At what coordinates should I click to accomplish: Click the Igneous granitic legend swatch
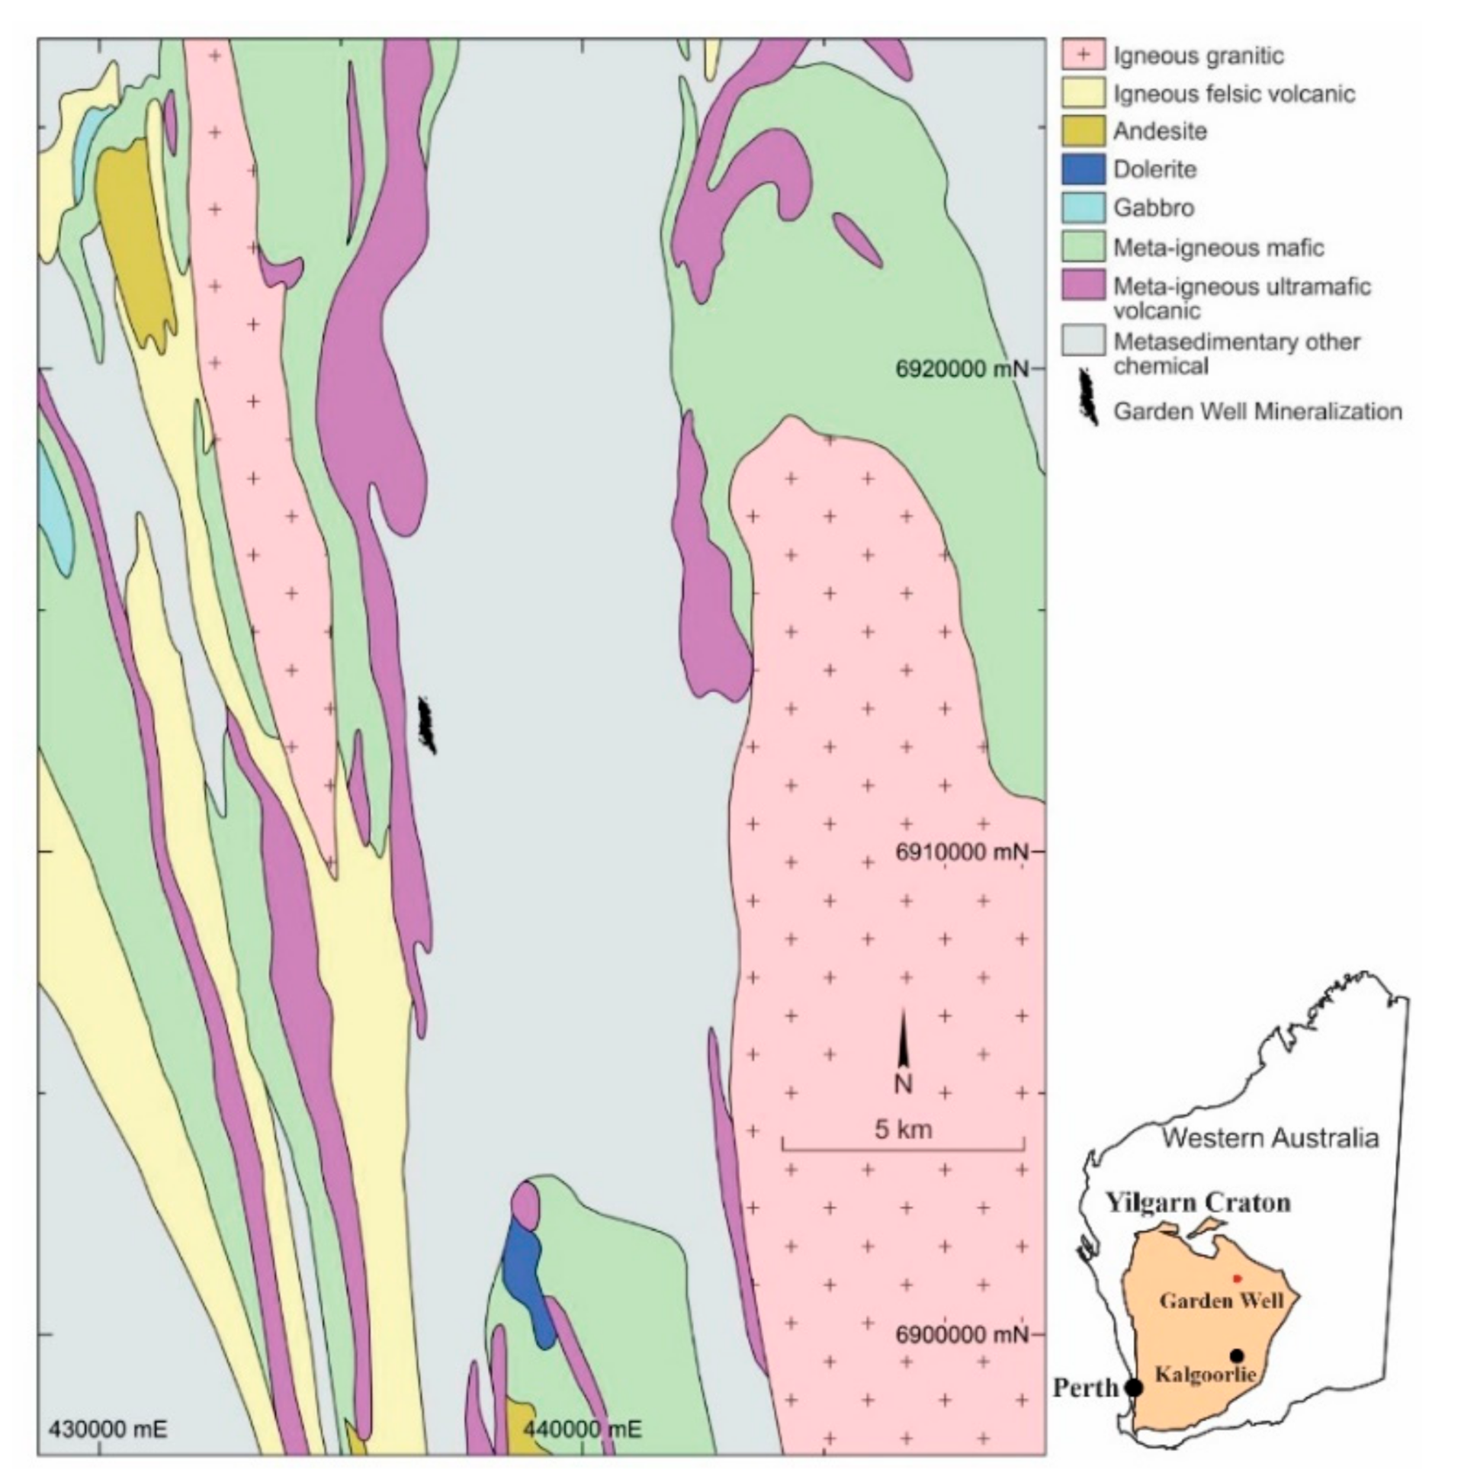pos(1083,55)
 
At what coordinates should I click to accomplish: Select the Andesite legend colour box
pos(1083,131)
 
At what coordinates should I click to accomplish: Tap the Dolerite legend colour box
pos(1083,169)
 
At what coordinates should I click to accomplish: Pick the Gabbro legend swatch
pos(1083,207)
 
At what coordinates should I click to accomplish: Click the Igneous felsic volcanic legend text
pos(1234,95)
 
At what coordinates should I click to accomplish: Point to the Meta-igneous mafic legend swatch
pos(1083,247)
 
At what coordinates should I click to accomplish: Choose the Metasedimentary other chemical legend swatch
pos(1083,341)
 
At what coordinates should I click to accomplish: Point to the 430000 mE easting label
pos(108,1429)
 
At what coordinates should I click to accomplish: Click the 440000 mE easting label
pos(583,1429)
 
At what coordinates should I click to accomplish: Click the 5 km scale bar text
pos(904,1129)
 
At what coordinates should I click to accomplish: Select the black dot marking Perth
pos(1134,1388)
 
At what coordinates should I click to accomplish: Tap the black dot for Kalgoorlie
pos(1237,1355)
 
